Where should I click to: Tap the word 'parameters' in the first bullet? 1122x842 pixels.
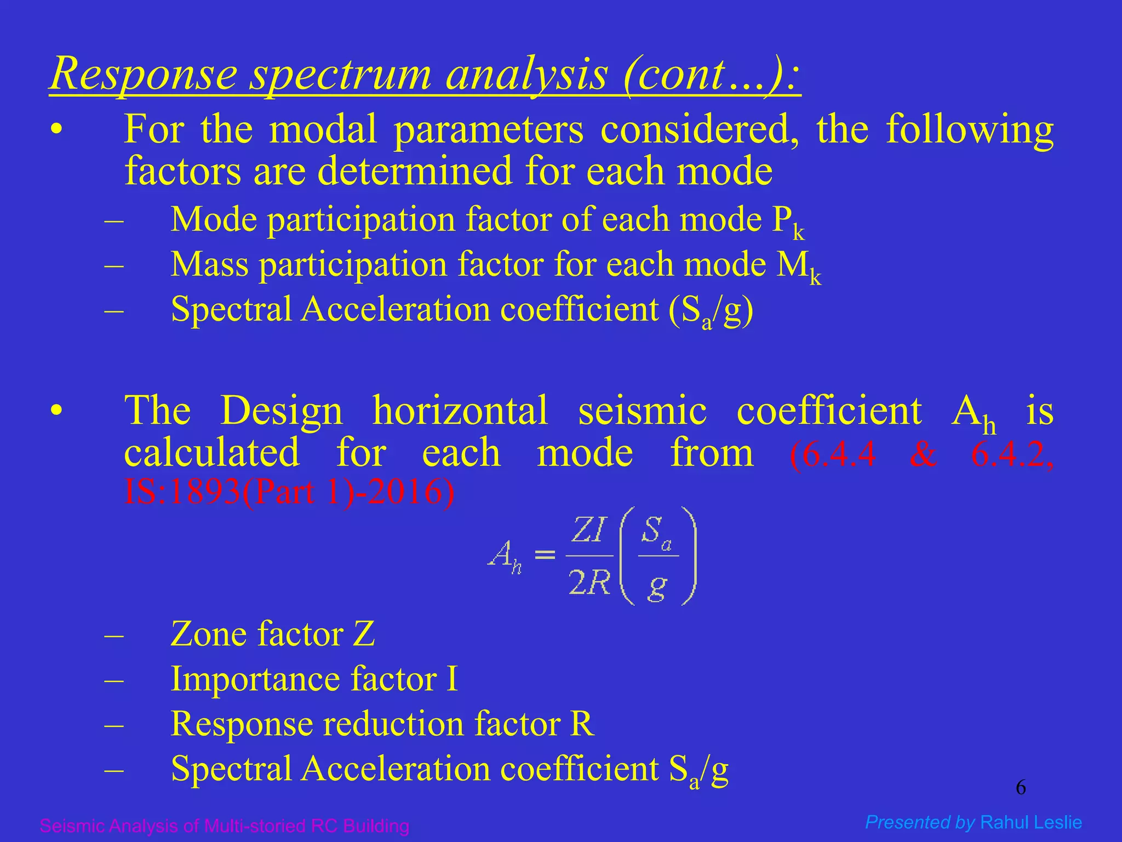click(x=489, y=130)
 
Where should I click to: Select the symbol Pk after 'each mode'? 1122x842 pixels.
click(x=788, y=221)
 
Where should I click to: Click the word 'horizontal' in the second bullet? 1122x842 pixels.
click(x=460, y=411)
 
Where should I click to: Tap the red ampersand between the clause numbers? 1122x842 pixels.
click(x=923, y=454)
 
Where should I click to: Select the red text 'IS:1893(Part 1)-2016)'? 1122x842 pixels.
click(x=289, y=492)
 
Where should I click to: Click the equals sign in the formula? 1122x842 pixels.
click(x=545, y=555)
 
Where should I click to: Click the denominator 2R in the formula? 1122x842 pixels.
click(x=589, y=582)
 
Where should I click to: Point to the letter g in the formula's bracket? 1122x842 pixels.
click(x=657, y=587)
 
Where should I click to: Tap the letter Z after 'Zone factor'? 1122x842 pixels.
click(x=364, y=635)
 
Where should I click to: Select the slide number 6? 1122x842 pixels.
click(x=1021, y=788)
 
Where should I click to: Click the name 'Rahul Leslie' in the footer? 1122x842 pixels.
click(x=1031, y=822)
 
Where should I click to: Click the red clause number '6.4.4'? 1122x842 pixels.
click(x=833, y=454)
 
